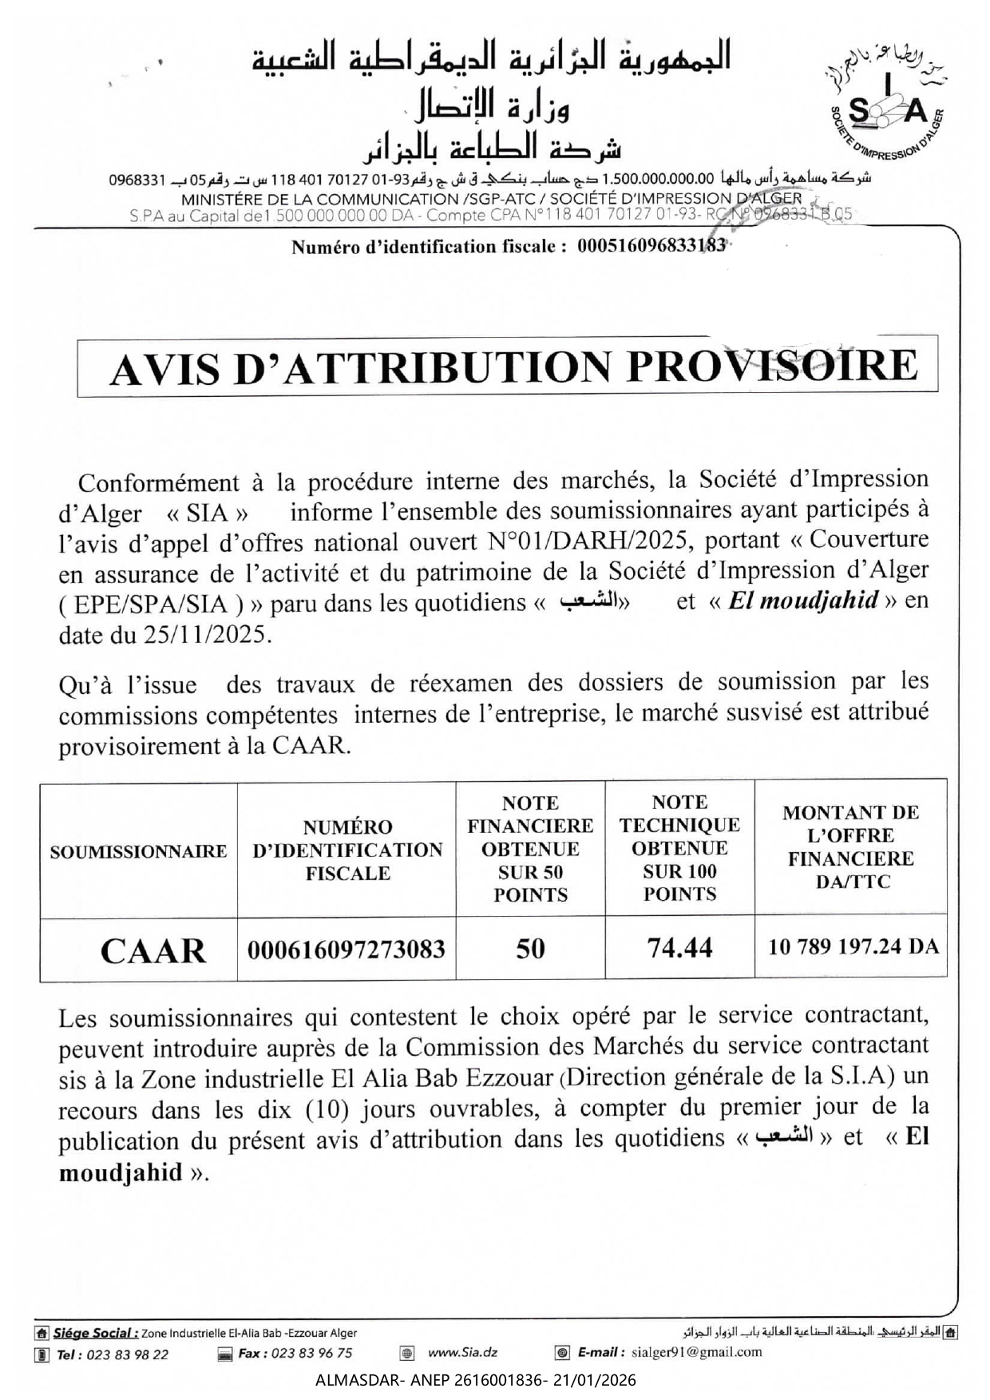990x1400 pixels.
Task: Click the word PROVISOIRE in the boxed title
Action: coord(773,366)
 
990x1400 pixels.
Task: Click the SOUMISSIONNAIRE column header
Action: coord(138,851)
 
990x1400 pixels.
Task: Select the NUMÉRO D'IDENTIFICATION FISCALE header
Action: coord(347,850)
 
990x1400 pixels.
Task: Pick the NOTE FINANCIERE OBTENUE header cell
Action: coord(530,848)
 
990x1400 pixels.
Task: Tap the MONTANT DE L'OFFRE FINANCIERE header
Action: coord(850,847)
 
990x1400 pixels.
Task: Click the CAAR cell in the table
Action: coord(152,950)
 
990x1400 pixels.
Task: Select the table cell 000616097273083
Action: coord(346,950)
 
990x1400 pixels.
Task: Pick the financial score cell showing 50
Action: coord(530,949)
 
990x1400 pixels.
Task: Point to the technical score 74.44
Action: coord(679,948)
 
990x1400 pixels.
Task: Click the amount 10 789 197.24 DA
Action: coord(853,947)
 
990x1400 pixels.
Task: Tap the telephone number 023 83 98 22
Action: coord(127,1354)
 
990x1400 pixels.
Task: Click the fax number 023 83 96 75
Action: coord(311,1353)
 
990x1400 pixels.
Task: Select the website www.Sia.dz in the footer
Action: coord(462,1352)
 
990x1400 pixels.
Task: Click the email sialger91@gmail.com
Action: coord(696,1352)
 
